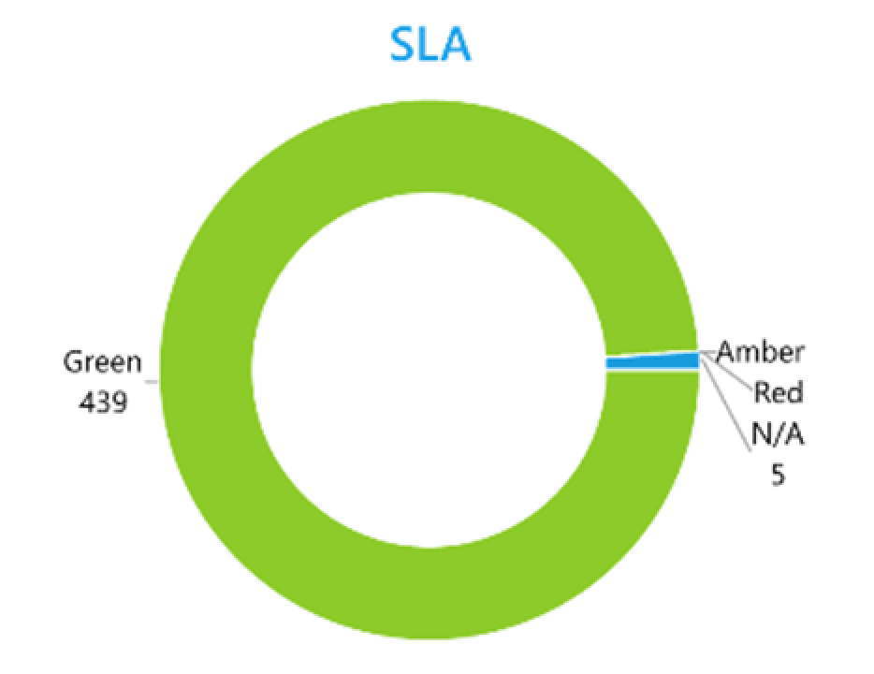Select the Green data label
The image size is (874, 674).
click(x=102, y=361)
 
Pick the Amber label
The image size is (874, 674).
click(x=760, y=353)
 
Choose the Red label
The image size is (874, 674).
click(x=779, y=392)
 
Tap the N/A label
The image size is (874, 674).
click(x=776, y=432)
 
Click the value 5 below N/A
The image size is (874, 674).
click(x=778, y=474)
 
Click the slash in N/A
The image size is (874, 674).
click(x=777, y=432)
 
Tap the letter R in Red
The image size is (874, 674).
click(x=763, y=392)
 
